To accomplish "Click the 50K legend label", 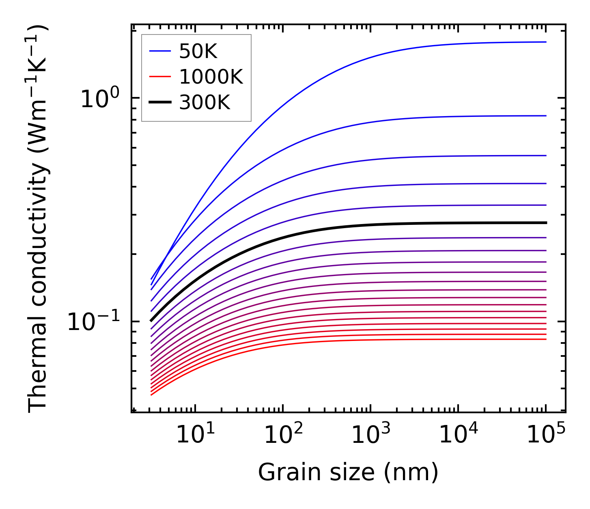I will coord(198,52).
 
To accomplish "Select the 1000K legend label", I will coord(211,77).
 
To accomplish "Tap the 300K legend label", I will coord(205,103).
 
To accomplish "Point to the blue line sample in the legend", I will coord(160,51).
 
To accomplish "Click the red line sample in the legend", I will coord(160,77).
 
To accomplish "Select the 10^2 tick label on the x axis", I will coord(283,435).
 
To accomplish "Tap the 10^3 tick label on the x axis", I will coord(370,435).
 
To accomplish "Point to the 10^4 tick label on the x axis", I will coord(458,435).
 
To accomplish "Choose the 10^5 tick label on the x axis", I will coord(546,435).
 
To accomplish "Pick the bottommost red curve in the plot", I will coord(365,340).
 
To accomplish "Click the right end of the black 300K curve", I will coord(546,223).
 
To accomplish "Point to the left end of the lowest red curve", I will coord(151,395).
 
